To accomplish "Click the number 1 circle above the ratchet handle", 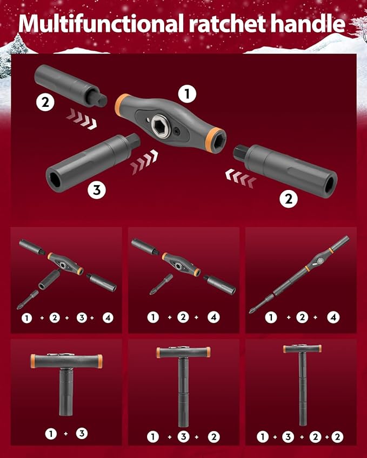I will (187, 94).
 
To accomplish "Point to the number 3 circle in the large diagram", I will (98, 189).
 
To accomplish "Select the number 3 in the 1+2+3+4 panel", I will (81, 318).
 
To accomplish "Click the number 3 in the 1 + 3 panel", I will (81, 433).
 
